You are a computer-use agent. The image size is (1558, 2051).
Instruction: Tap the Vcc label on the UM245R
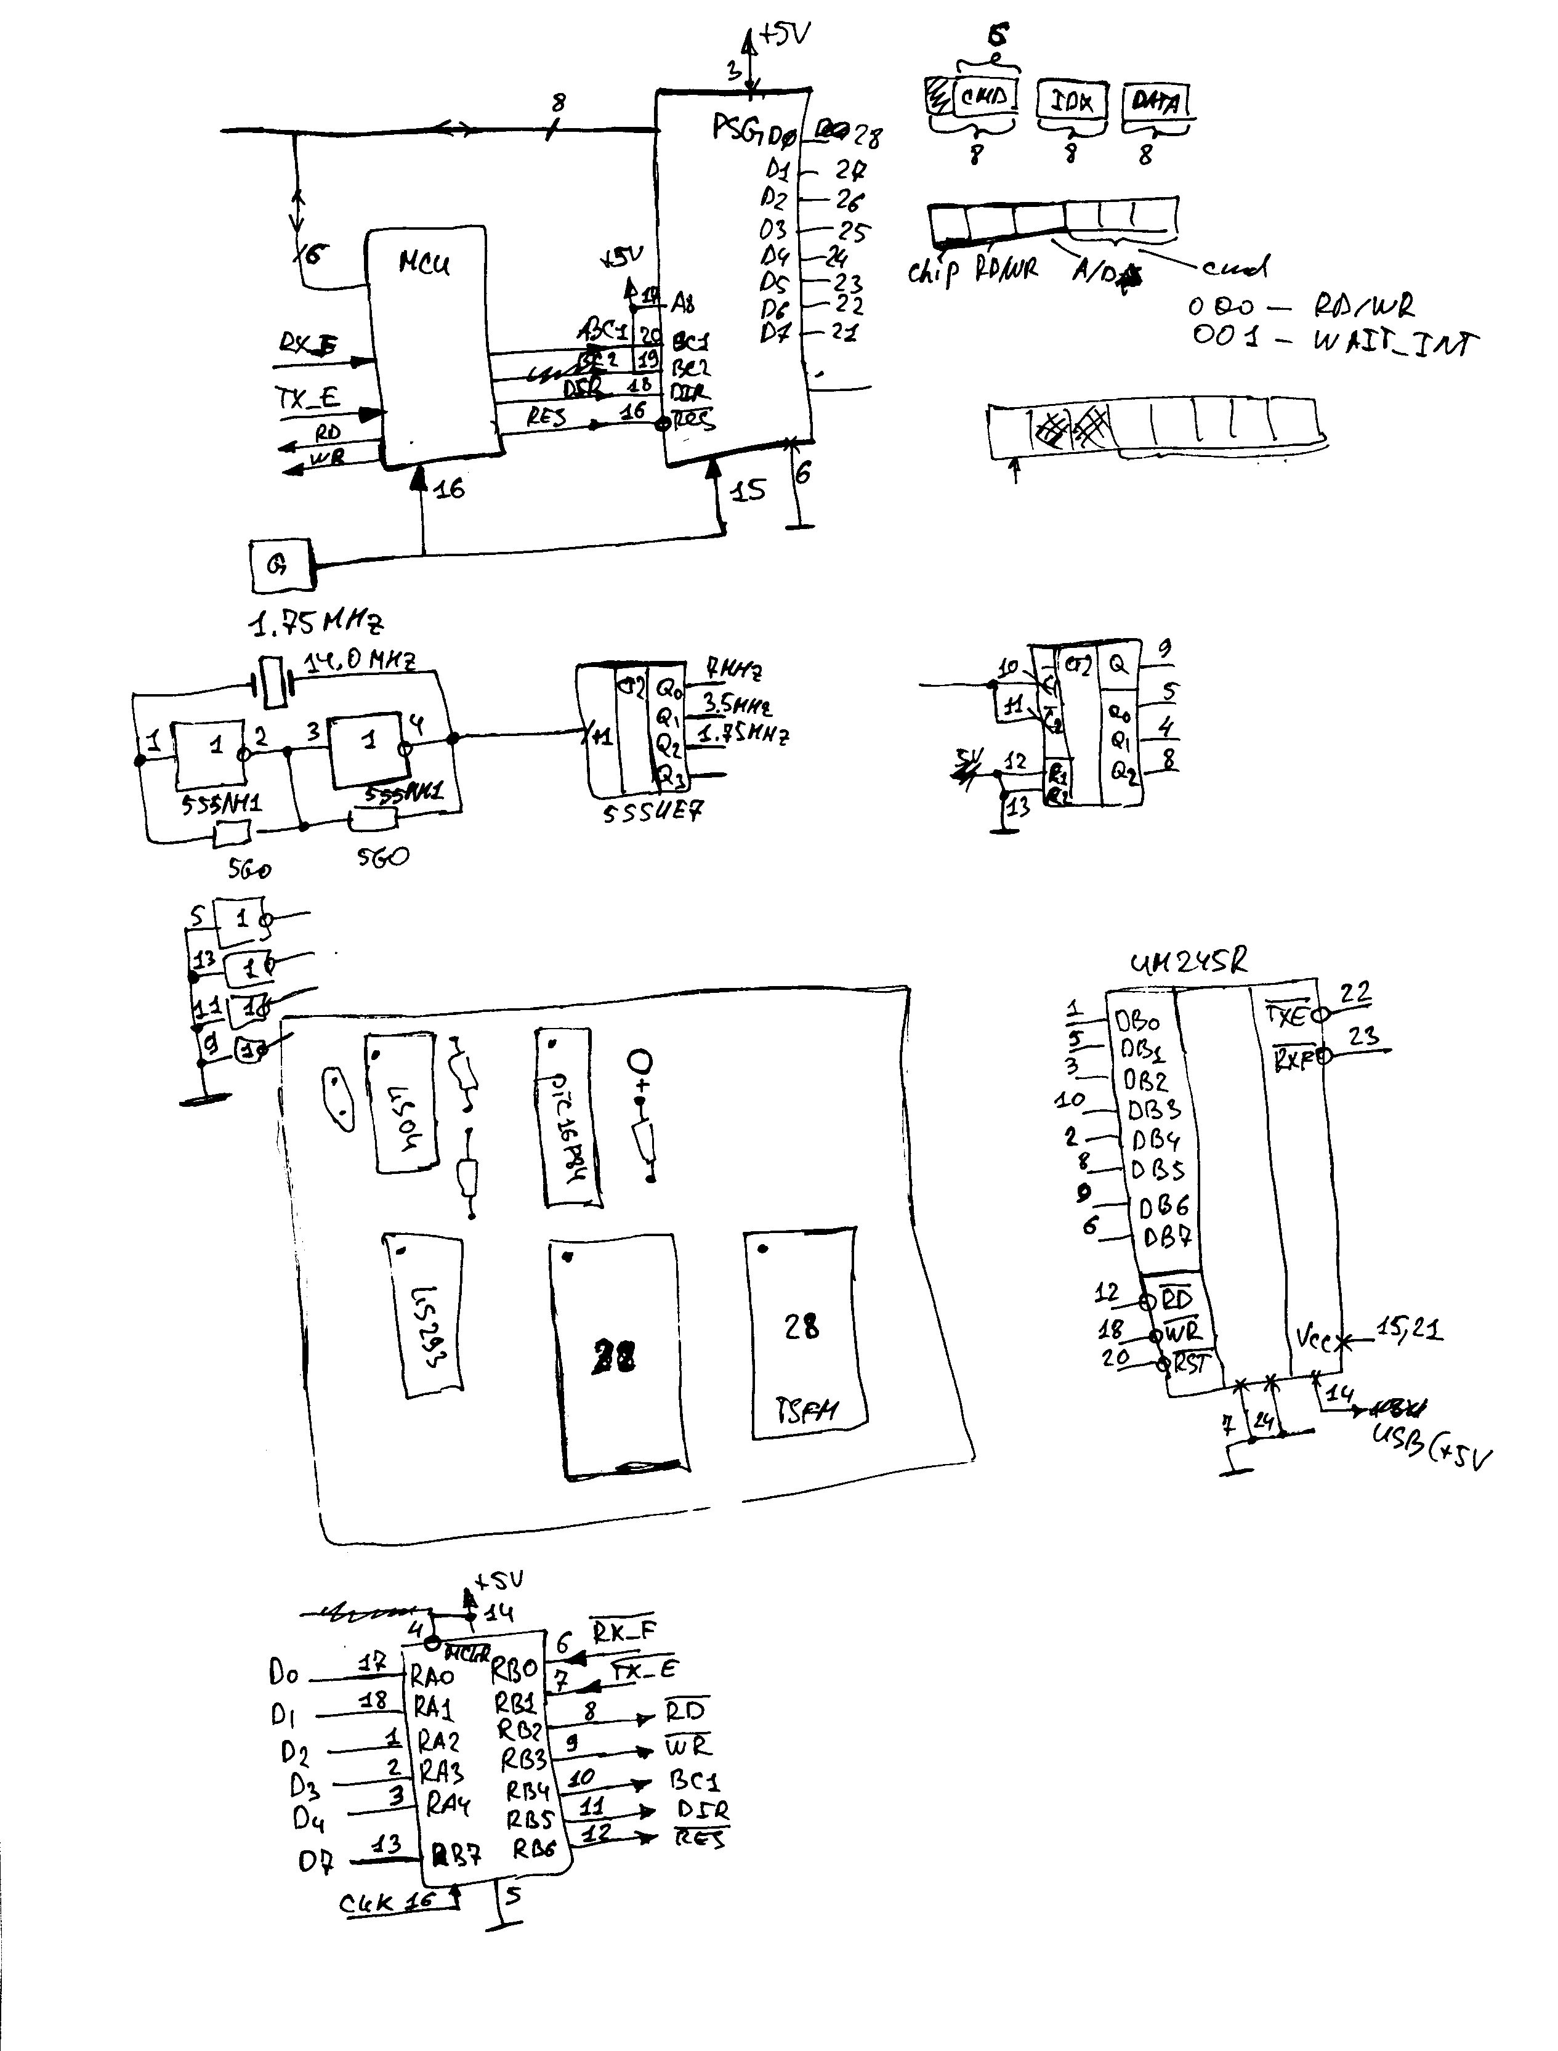(x=1315, y=1338)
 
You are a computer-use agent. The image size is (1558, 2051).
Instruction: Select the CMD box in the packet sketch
(x=984, y=97)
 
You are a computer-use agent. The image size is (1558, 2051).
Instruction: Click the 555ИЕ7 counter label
(x=653, y=812)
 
